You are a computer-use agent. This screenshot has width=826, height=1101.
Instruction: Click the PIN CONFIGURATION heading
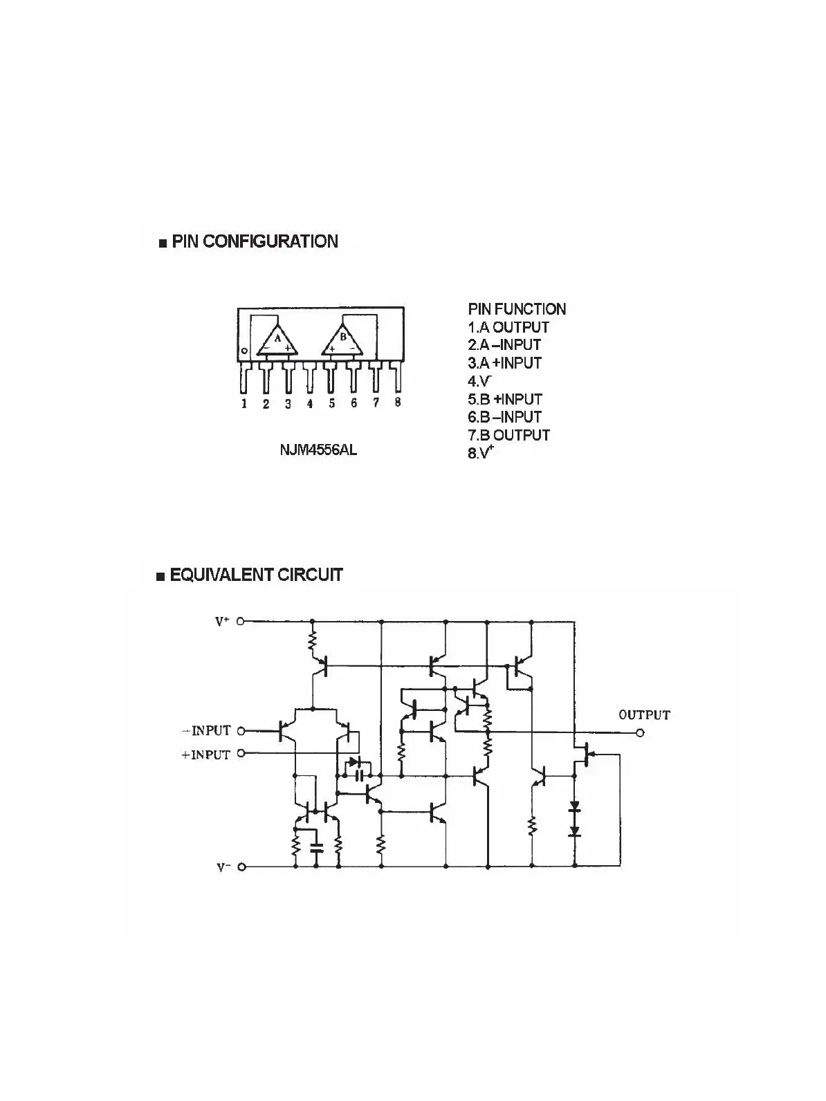[255, 241]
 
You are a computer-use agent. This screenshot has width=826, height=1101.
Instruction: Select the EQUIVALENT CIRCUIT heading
[256, 575]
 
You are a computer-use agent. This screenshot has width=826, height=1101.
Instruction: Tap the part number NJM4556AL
[319, 450]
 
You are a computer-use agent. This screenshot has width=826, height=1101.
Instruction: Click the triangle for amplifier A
[278, 340]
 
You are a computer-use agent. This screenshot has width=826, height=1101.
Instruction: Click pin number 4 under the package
[310, 404]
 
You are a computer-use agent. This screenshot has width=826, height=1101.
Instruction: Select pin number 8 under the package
[398, 402]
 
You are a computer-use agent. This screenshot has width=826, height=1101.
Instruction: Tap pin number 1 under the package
[244, 404]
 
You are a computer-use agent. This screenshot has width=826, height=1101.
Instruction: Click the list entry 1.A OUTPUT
[508, 327]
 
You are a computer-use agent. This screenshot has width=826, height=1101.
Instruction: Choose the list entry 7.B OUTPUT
[509, 435]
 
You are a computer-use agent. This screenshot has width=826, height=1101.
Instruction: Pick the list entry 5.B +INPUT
[505, 399]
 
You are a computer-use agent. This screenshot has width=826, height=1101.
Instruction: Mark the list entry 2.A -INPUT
[505, 344]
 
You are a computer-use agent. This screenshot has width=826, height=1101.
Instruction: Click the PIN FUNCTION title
[517, 309]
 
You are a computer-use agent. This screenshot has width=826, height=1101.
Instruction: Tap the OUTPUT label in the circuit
[644, 715]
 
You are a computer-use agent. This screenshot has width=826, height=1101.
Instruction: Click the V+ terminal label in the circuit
[222, 622]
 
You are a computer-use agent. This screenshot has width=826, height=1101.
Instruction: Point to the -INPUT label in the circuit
[206, 730]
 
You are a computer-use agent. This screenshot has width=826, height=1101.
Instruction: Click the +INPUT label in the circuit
[205, 755]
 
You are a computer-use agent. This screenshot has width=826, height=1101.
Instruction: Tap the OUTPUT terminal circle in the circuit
[640, 733]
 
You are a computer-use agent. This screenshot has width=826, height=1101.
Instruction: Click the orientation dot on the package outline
[244, 352]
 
